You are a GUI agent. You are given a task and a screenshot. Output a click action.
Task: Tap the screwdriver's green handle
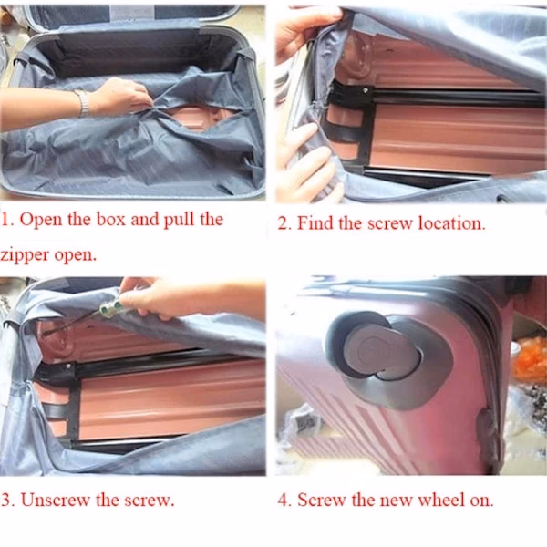click(110, 307)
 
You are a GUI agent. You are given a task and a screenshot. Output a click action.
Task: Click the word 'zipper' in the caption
click(25, 255)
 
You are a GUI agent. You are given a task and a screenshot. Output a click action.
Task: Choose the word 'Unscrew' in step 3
click(55, 500)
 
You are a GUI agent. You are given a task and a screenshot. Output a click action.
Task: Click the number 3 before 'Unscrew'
click(5, 501)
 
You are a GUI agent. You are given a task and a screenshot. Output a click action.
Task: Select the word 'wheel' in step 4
click(440, 500)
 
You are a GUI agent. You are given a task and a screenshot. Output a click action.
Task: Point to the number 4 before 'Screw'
click(282, 501)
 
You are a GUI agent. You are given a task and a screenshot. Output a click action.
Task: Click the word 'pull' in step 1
click(179, 221)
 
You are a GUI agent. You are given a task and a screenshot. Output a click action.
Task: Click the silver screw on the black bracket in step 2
click(366, 90)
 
